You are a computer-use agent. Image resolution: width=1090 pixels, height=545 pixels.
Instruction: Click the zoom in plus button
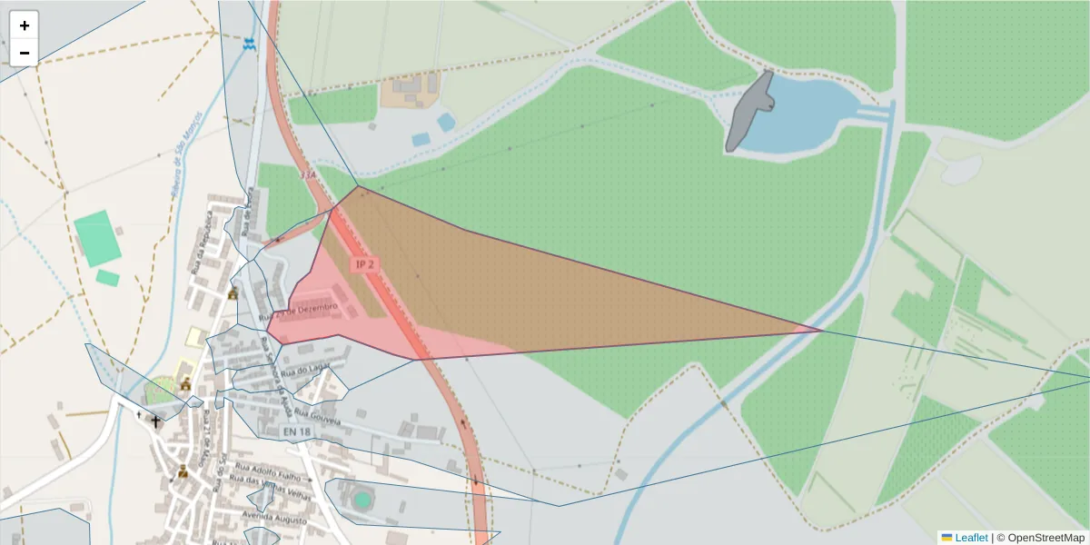[x=24, y=25]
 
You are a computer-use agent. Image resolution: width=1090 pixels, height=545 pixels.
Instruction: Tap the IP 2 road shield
[x=365, y=264]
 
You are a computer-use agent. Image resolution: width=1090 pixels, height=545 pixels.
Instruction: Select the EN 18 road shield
[x=297, y=431]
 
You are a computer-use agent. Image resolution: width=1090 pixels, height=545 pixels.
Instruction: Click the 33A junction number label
[x=308, y=173]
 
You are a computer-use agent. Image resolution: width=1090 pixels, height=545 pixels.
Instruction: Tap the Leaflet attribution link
[x=970, y=538]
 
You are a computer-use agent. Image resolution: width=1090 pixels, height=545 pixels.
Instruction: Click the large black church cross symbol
[x=155, y=421]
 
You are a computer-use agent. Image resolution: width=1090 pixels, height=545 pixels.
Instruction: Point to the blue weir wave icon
[x=250, y=44]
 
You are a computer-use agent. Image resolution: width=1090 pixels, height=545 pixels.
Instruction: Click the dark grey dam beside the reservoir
[x=748, y=114]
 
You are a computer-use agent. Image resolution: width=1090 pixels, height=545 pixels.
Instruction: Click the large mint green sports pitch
[x=96, y=238]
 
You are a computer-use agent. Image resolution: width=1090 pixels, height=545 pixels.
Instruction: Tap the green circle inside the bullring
[x=362, y=500]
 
